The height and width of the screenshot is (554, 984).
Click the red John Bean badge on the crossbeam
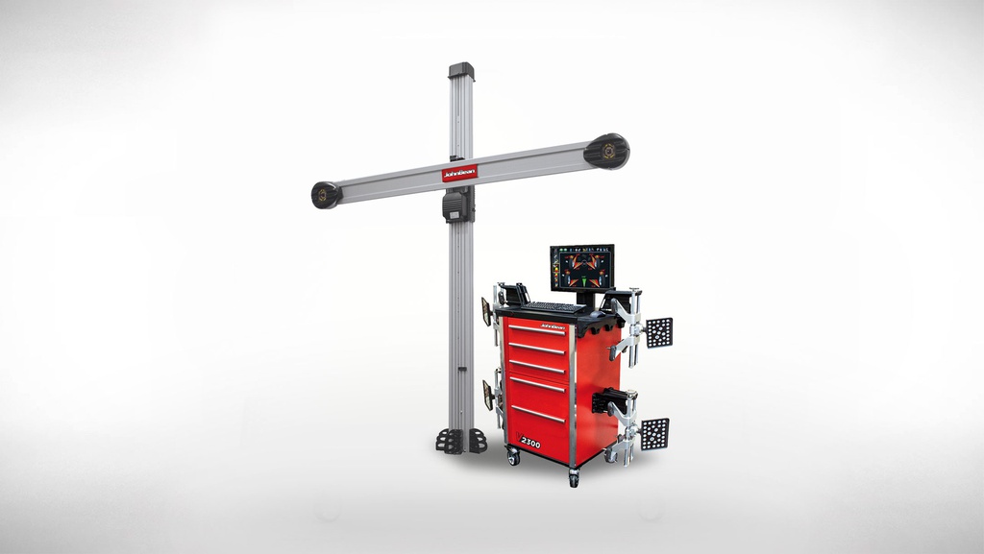(459, 174)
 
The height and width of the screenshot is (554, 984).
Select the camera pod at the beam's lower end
(326, 195)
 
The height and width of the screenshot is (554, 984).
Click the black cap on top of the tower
(461, 71)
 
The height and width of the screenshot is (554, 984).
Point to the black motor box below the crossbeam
(458, 205)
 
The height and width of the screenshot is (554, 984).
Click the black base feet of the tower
(460, 441)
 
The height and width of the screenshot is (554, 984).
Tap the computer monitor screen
(582, 267)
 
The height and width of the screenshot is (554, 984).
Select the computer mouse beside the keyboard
(597, 313)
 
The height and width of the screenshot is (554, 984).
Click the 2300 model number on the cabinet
(530, 443)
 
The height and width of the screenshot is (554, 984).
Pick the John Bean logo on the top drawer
(552, 326)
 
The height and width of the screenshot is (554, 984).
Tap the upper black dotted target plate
(659, 332)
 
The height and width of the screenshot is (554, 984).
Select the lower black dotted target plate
(655, 433)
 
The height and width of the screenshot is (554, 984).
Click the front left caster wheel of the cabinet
(513, 459)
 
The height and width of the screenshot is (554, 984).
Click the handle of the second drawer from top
(536, 349)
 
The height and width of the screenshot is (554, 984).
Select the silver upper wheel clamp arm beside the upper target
(627, 326)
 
